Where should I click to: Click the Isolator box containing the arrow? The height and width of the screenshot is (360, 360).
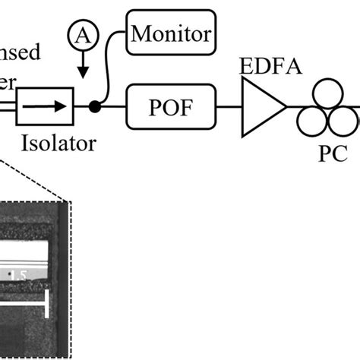point(44,107)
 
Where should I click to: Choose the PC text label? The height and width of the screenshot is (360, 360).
point(329,152)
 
